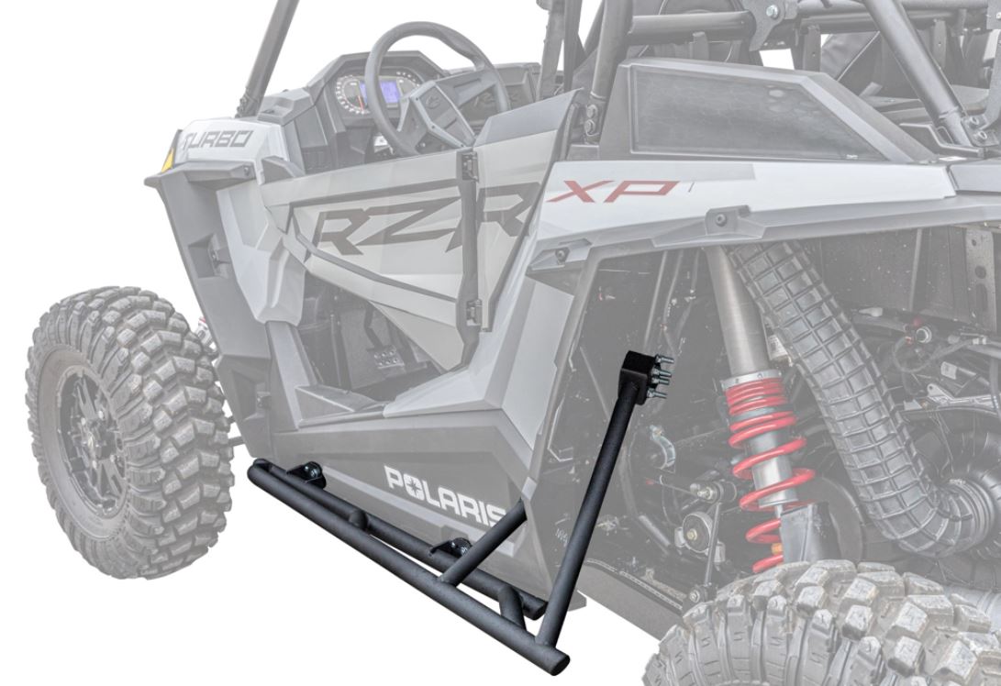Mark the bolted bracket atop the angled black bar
coord(647,371)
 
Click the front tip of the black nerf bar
coord(256,471)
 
